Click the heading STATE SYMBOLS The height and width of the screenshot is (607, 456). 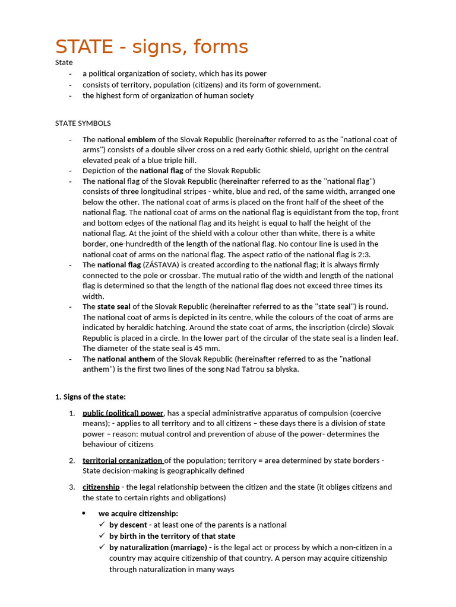(x=83, y=123)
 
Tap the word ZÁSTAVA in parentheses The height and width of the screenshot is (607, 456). (x=161, y=265)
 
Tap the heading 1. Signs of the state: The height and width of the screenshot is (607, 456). (x=90, y=397)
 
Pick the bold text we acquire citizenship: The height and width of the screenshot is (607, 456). (x=138, y=513)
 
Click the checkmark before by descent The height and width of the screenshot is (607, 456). (x=102, y=525)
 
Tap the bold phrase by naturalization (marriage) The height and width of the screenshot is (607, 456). (x=158, y=547)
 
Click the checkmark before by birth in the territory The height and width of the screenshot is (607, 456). (x=102, y=536)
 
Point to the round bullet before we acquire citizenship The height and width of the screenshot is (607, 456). (x=84, y=513)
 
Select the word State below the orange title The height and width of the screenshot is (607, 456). (x=64, y=62)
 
